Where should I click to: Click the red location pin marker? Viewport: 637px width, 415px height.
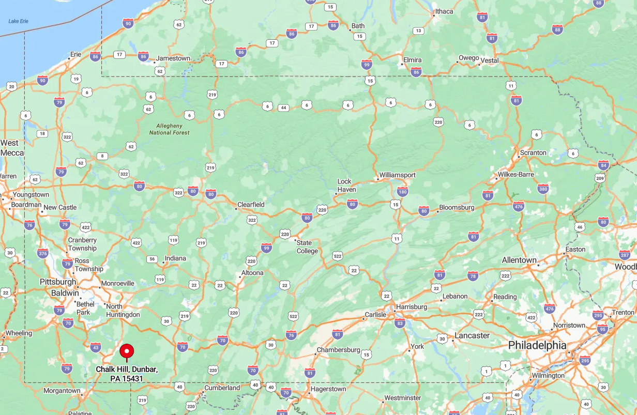click(127, 352)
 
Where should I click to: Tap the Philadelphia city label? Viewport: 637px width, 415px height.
click(537, 345)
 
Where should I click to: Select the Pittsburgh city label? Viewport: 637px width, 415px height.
click(58, 282)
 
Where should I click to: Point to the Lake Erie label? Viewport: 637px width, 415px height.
click(18, 21)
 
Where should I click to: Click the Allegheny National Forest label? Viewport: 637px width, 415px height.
click(169, 129)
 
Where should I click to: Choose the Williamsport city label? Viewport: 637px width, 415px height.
click(397, 175)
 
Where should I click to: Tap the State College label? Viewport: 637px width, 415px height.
click(307, 247)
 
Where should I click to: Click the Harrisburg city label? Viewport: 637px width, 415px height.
click(412, 306)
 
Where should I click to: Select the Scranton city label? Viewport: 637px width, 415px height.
click(533, 152)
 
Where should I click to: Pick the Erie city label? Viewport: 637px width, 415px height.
click(76, 54)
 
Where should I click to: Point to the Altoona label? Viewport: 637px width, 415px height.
click(252, 273)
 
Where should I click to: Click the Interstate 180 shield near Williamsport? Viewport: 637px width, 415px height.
click(403, 192)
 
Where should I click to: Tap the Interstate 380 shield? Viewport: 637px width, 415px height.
click(543, 189)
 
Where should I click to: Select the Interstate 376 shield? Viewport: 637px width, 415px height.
click(43, 253)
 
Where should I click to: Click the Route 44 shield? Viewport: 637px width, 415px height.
click(283, 107)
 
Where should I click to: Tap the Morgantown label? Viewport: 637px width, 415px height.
click(62, 391)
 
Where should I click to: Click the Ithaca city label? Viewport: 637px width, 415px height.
click(444, 11)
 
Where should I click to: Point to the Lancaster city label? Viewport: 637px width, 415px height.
click(472, 335)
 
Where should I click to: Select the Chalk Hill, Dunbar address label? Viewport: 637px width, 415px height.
click(127, 374)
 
